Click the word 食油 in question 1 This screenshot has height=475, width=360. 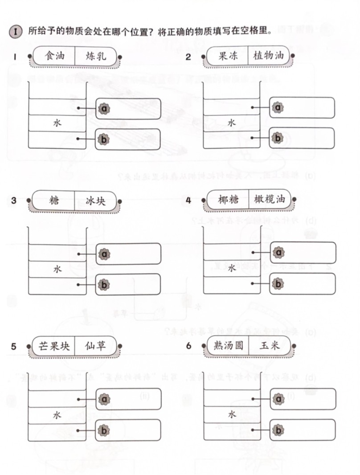(54, 56)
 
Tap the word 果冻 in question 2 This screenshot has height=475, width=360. (228, 56)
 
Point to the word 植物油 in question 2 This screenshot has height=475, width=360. (269, 56)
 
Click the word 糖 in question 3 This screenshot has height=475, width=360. (54, 201)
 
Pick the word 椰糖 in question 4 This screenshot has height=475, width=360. (228, 199)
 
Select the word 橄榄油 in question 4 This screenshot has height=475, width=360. (268, 199)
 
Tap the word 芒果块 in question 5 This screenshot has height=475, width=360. (54, 346)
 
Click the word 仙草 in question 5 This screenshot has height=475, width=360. (95, 346)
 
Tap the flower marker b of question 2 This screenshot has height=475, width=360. (278, 138)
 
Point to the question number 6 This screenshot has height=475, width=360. (189, 346)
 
